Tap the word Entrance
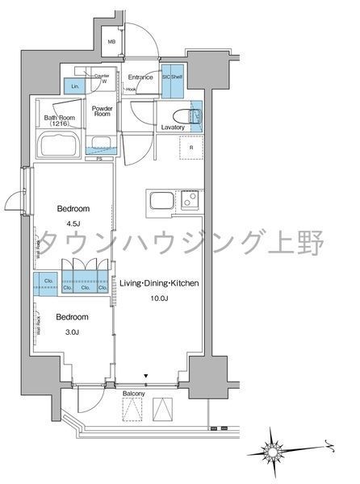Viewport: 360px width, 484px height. coord(141,77)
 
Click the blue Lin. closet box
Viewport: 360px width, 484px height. coord(76,85)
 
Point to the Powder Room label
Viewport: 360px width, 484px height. coord(101,112)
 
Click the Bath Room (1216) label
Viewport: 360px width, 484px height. coord(59,121)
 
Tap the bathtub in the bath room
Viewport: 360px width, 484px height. coord(58,146)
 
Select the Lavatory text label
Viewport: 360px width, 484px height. coord(173,128)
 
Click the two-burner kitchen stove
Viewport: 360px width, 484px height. coord(189,200)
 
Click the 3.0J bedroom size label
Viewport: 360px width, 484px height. coord(73,328)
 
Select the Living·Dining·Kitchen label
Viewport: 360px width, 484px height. coord(160,285)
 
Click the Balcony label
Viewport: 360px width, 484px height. coord(133,393)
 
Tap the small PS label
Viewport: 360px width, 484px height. coord(99,159)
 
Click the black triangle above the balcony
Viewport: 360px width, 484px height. coord(146,376)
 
